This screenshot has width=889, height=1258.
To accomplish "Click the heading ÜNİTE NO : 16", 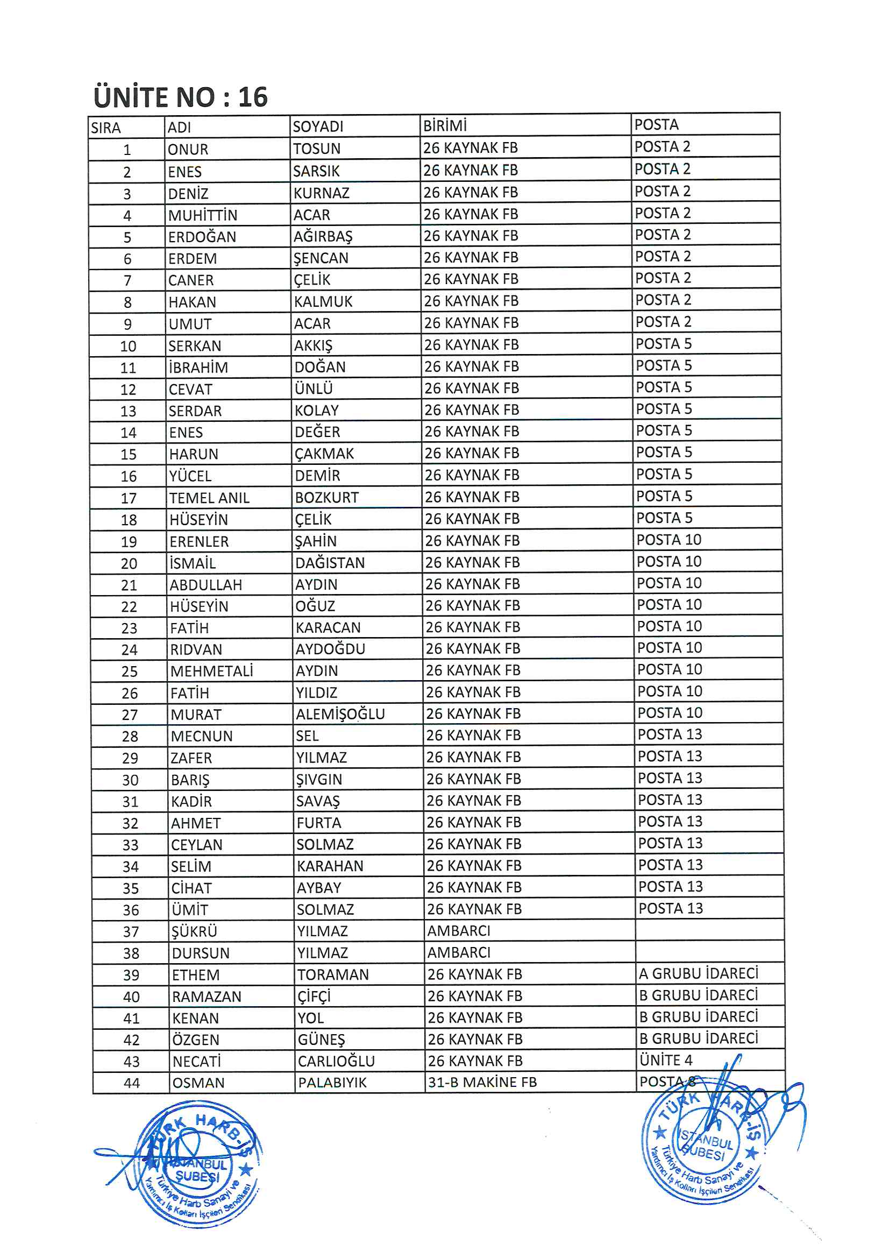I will pyautogui.click(x=180, y=97).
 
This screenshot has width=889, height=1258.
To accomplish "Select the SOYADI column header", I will pyautogui.click(x=318, y=127).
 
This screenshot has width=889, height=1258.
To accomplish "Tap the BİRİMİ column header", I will pyautogui.click(x=445, y=126).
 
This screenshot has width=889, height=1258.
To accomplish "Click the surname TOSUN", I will pyautogui.click(x=317, y=149).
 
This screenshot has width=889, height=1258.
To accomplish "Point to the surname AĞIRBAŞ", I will pyautogui.click(x=323, y=237).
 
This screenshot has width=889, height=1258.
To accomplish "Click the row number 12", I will pyautogui.click(x=127, y=390).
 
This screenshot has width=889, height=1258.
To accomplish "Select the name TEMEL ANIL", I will pyautogui.click(x=209, y=498).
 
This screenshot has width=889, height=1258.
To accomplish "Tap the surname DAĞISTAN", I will pyautogui.click(x=330, y=563).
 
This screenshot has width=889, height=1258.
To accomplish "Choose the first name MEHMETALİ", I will pyautogui.click(x=211, y=671).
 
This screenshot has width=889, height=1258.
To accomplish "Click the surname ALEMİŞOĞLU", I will pyautogui.click(x=340, y=714).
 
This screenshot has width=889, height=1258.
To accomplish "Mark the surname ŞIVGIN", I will pyautogui.click(x=319, y=779).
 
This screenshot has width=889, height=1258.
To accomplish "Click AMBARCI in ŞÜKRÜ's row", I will pyautogui.click(x=458, y=931).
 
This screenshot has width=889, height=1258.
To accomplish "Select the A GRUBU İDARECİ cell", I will pyautogui.click(x=699, y=974).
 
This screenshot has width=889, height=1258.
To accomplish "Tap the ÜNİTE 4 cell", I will pyautogui.click(x=665, y=1060).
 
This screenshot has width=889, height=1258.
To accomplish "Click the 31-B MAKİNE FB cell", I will pyautogui.click(x=482, y=1082).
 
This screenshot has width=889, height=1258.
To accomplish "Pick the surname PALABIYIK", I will pyautogui.click(x=332, y=1083).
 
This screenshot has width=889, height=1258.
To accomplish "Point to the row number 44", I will pyautogui.click(x=131, y=1083).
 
